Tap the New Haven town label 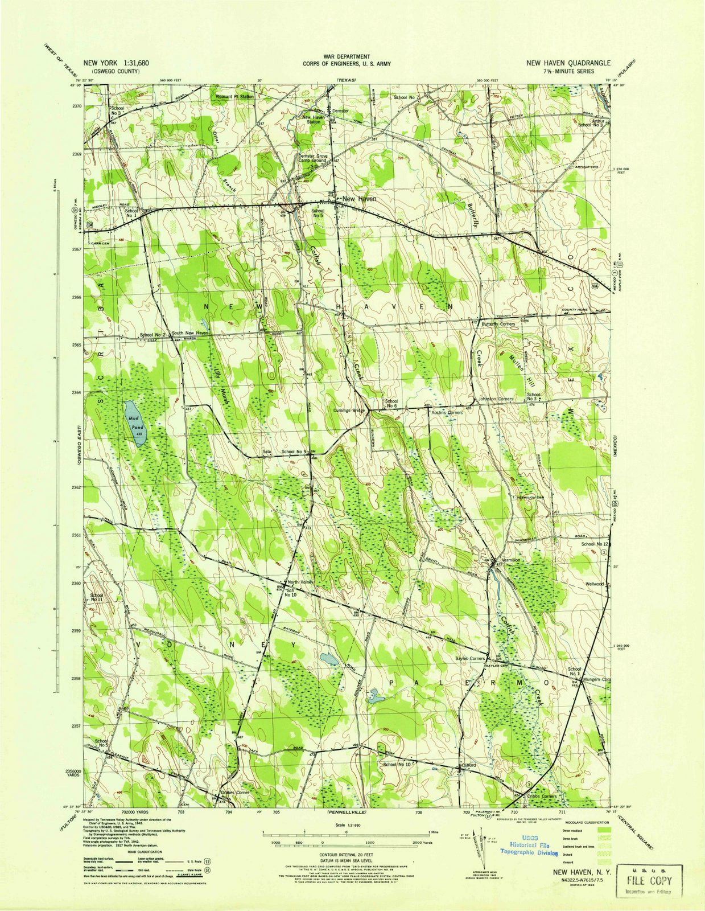[358, 198]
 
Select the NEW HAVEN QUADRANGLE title [568, 63]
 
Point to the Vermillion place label [509, 560]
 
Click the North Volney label [300, 582]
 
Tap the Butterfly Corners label [498, 324]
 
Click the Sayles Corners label [469, 658]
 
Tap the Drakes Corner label [235, 792]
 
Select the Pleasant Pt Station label [235, 97]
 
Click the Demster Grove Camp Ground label [313, 158]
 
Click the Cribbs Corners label [541, 796]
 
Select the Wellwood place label [595, 584]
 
